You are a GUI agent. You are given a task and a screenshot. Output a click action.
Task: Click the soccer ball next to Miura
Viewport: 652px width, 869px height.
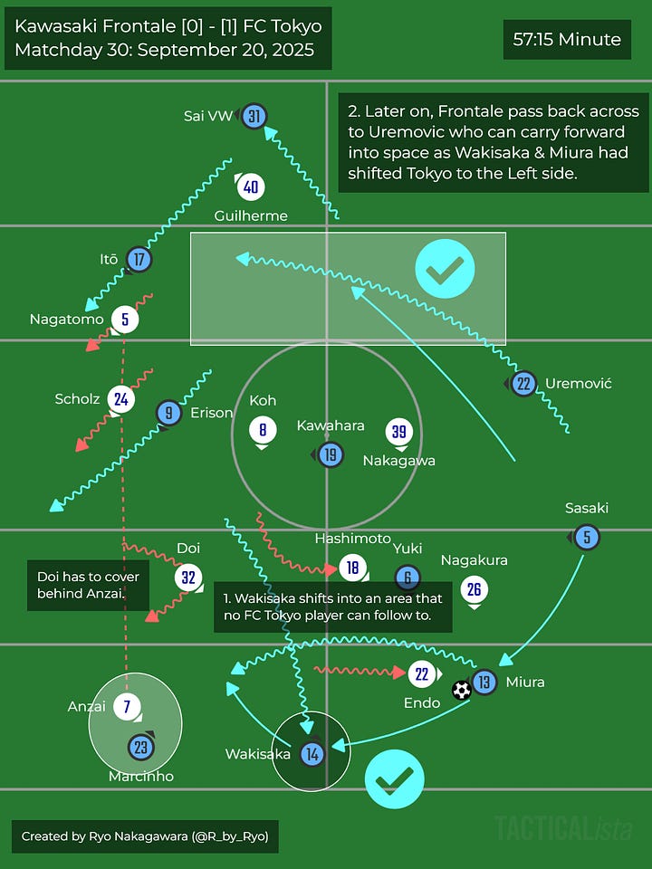pyautogui.click(x=462, y=691)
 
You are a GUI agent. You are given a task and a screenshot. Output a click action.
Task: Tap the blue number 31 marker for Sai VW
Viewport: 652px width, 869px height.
pyautogui.click(x=254, y=116)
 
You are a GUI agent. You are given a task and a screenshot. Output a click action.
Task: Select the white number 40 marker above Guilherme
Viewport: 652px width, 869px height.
pyautogui.click(x=251, y=187)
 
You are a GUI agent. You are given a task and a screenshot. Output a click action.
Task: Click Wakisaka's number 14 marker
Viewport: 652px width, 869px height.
pyautogui.click(x=312, y=753)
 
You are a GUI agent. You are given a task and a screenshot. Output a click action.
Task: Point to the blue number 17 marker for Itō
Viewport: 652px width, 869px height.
pyautogui.click(x=139, y=260)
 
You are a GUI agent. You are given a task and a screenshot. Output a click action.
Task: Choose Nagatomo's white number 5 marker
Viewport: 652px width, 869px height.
pyautogui.click(x=125, y=319)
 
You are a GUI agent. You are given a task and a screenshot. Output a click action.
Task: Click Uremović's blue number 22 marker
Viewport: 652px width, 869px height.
pyautogui.click(x=523, y=384)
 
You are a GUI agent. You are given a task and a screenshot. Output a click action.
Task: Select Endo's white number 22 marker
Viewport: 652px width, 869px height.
pyautogui.click(x=421, y=673)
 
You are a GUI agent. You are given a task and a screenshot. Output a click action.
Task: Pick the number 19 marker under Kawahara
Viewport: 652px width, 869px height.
pyautogui.click(x=331, y=454)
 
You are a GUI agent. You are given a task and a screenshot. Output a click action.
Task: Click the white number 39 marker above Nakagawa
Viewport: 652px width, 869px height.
pyautogui.click(x=399, y=432)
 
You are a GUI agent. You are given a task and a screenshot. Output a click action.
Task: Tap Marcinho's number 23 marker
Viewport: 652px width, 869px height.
pyautogui.click(x=140, y=748)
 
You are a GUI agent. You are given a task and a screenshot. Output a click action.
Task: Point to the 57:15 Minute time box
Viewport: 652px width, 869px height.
pyautogui.click(x=567, y=40)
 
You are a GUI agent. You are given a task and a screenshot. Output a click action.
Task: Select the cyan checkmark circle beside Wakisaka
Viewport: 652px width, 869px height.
pyautogui.click(x=395, y=778)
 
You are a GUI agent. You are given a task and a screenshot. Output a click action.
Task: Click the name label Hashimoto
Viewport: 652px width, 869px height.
pyautogui.click(x=352, y=539)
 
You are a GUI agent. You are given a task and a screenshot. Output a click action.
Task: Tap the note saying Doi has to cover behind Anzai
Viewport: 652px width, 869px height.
pyautogui.click(x=88, y=585)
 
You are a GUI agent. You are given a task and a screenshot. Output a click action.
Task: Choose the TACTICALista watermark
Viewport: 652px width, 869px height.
pyautogui.click(x=561, y=827)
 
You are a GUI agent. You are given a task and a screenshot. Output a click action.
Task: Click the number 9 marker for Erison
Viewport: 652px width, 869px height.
pyautogui.click(x=168, y=413)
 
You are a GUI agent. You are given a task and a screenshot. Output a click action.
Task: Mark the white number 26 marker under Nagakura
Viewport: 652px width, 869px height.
pyautogui.click(x=474, y=590)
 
